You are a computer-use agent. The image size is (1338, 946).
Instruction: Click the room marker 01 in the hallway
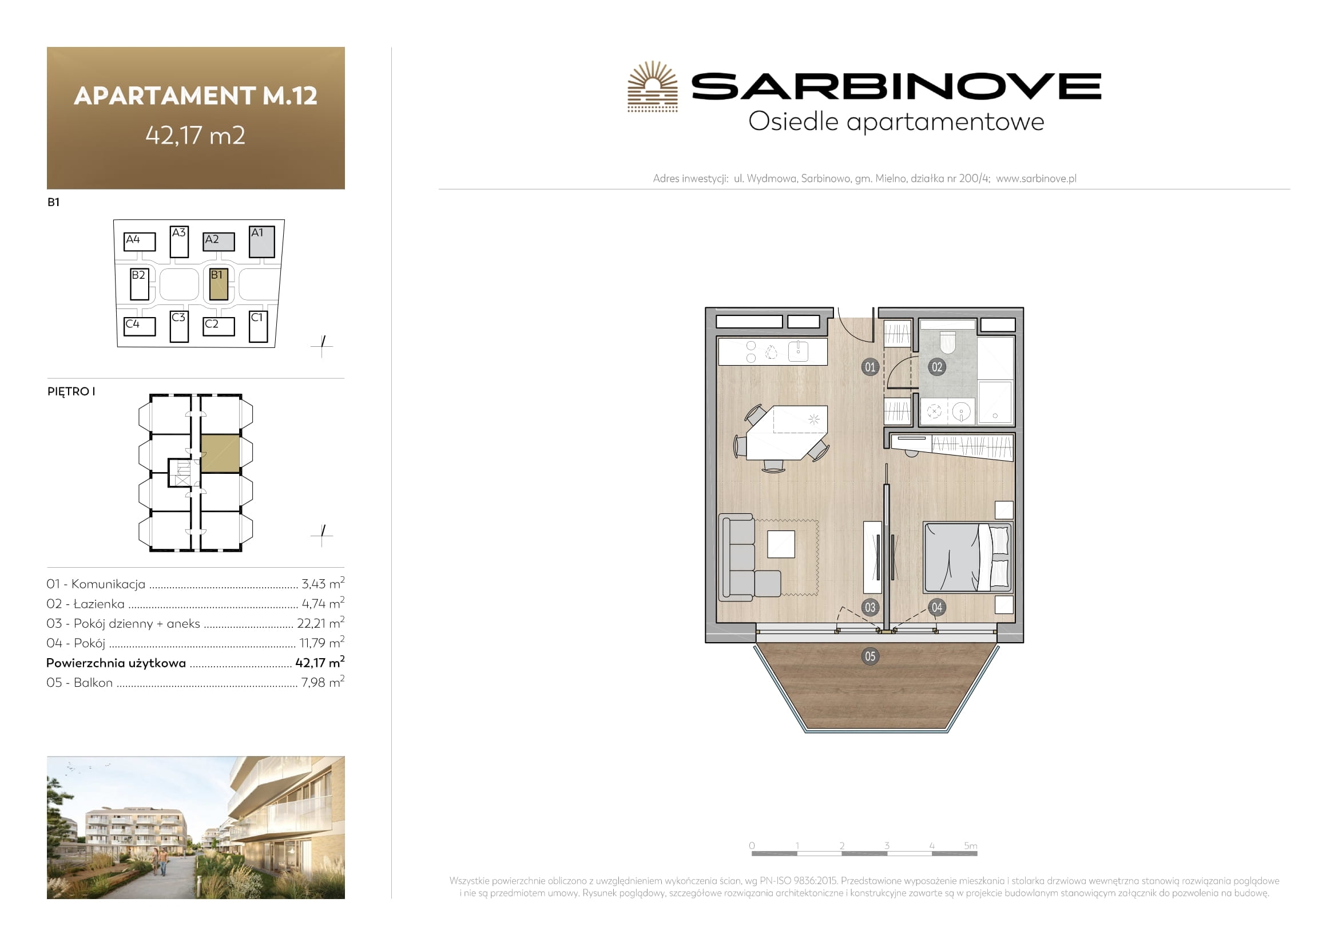(869, 367)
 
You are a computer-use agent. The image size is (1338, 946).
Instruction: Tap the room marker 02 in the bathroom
(936, 367)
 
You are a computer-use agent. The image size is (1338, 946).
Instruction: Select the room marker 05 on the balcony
(869, 656)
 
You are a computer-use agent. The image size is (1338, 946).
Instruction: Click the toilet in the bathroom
(948, 342)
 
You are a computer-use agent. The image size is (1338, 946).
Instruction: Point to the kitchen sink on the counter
(798, 351)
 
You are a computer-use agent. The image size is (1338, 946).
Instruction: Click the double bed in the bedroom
(968, 557)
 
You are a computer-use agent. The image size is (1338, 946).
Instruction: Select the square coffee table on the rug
(781, 544)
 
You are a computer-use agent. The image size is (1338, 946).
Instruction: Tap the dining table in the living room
(787, 433)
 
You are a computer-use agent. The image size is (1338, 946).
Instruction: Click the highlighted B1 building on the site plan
(219, 284)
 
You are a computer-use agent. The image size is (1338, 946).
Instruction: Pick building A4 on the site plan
(140, 242)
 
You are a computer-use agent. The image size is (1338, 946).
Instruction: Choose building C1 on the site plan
(258, 326)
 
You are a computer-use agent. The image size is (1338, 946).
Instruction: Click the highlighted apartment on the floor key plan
(220, 453)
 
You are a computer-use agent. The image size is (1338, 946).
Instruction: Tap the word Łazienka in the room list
(99, 604)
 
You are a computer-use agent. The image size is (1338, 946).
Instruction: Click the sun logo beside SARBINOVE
(653, 86)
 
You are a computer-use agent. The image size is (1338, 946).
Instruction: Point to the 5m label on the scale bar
(970, 845)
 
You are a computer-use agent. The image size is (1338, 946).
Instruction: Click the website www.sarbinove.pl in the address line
(1036, 179)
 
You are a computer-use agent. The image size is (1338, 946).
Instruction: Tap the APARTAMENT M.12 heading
(196, 96)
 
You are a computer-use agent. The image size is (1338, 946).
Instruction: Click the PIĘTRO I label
(71, 391)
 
